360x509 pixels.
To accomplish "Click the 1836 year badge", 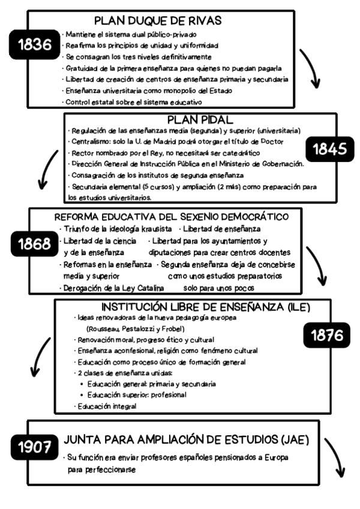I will (35, 44).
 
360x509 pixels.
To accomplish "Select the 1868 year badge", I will (35, 245).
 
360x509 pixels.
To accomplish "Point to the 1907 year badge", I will (35, 447).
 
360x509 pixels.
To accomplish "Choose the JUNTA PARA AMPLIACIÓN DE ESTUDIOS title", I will (187, 440).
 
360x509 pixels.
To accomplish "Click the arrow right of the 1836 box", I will (311, 67).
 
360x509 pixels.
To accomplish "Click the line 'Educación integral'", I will (106, 406).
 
